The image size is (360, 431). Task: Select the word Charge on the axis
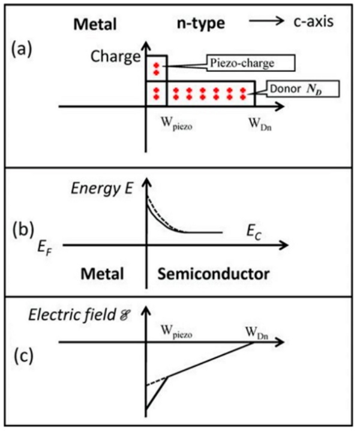(x=115, y=58)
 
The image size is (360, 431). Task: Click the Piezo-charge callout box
(x=247, y=62)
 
